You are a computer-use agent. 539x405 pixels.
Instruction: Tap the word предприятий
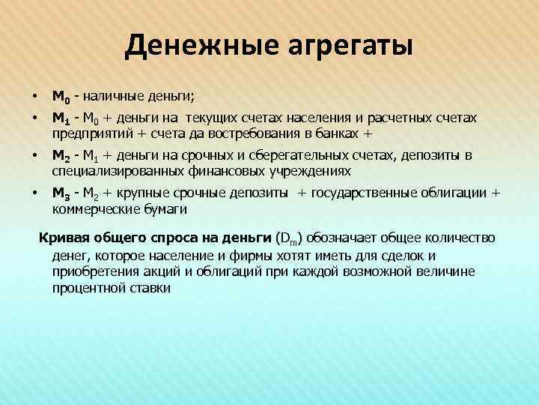pos(89,133)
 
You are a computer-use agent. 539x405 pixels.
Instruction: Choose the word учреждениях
pos(293,171)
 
